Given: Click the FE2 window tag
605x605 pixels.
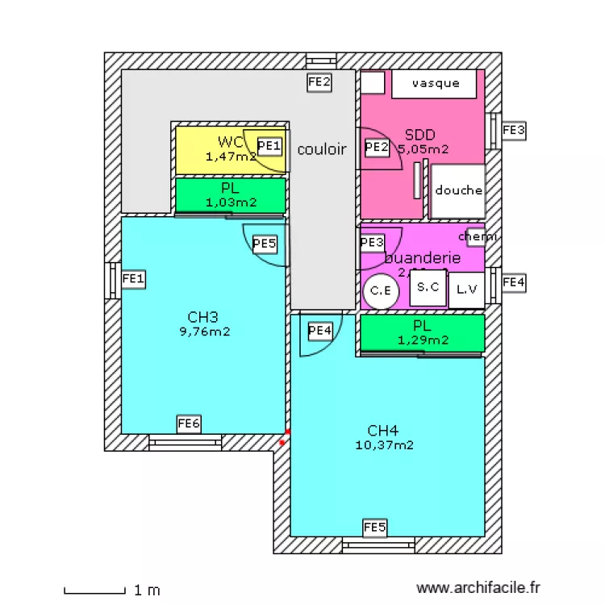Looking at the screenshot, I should coord(320,81).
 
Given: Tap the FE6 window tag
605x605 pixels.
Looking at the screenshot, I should coord(189,423).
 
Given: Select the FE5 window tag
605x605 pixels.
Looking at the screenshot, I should coord(375,528).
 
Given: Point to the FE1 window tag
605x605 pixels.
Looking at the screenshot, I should coord(133,279).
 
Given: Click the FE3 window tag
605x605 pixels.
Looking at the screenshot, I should coord(514,130).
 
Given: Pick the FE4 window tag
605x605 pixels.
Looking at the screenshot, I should coord(514,283).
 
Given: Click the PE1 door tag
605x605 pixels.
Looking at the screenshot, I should coord(270,146).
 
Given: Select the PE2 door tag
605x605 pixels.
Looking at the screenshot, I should coord(377,148).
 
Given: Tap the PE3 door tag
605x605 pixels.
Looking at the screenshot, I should coord(372,243).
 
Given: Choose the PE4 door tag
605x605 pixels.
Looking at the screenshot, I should coord(320,331).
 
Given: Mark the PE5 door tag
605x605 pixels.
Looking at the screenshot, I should coord(265,243).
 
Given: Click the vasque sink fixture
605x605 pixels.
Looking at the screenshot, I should coord(436,84).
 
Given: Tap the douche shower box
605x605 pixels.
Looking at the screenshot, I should coord(458,191).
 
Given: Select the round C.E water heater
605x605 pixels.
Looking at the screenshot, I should coord(381,291).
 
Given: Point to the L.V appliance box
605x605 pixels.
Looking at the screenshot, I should coord(466,290).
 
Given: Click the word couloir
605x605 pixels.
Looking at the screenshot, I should coord(322,149).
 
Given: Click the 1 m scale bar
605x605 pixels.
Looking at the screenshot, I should coord(95,590).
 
